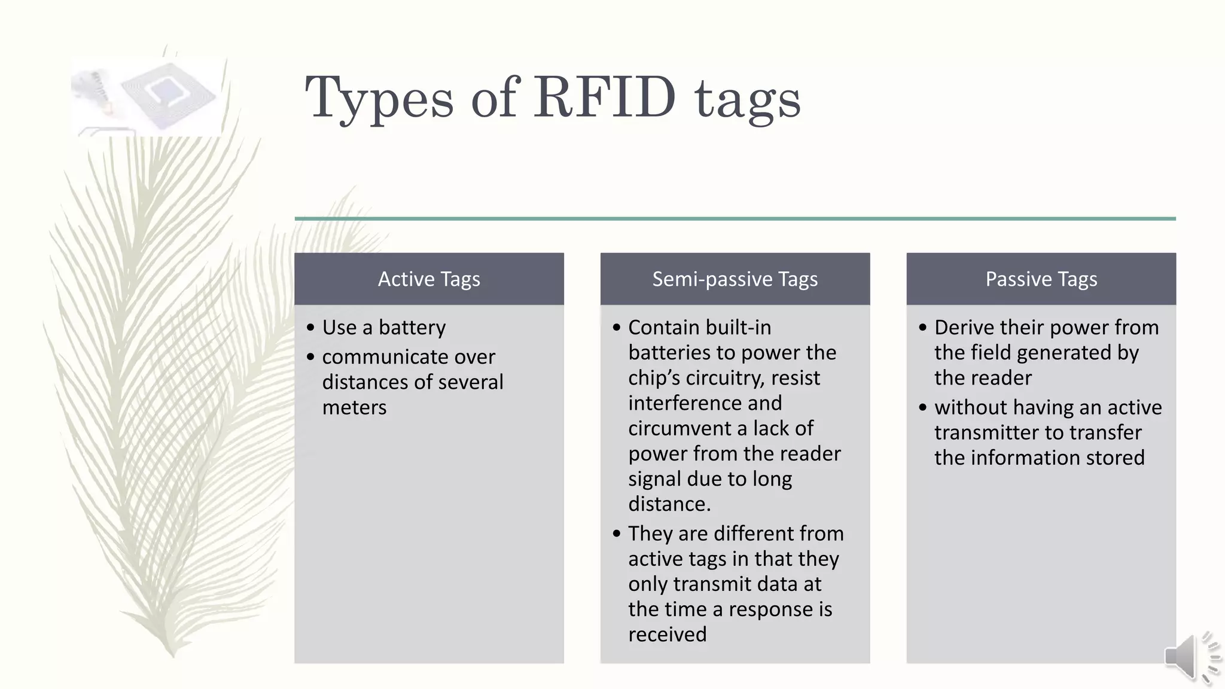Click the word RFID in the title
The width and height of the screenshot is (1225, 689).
click(x=605, y=97)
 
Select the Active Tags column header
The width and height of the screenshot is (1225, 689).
click(x=429, y=279)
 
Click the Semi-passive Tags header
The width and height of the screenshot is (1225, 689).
click(x=735, y=279)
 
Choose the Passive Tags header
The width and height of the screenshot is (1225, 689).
click(x=1041, y=279)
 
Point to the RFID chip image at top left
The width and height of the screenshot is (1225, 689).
click(x=147, y=97)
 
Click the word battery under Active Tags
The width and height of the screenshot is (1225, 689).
click(x=412, y=328)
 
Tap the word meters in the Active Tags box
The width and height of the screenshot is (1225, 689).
click(x=354, y=407)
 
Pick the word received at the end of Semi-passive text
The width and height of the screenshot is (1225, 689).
click(x=667, y=634)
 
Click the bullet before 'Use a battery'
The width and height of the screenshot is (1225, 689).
click(x=310, y=328)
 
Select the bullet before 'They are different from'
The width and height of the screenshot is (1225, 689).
click(x=617, y=533)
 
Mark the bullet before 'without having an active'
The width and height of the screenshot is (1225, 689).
click(x=923, y=408)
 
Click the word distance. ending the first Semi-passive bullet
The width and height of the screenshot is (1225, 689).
click(x=669, y=504)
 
